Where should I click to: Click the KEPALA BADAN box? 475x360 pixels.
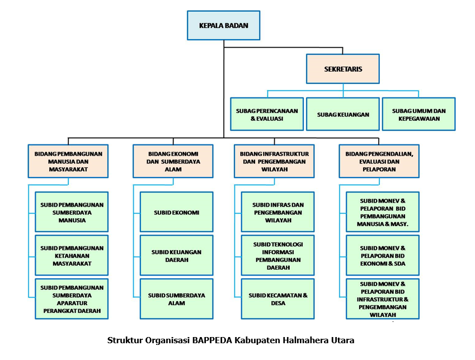[x=224, y=26]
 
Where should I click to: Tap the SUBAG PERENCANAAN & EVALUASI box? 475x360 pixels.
[x=267, y=115]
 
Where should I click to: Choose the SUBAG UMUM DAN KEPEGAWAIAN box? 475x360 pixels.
[x=418, y=115]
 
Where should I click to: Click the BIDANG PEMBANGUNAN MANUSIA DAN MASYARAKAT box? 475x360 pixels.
[x=69, y=161]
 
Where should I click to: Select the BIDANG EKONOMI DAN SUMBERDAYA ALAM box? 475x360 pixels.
[x=173, y=161]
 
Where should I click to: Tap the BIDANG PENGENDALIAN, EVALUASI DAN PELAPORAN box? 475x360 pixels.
[x=379, y=161]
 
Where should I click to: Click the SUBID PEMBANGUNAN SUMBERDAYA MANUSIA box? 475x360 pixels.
[x=72, y=212]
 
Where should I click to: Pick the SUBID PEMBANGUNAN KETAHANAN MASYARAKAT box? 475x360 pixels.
[x=72, y=255]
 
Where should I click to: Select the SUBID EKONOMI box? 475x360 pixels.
[x=176, y=212]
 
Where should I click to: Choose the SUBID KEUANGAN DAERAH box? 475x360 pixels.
[x=176, y=255]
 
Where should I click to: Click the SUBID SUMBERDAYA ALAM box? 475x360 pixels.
[x=176, y=299]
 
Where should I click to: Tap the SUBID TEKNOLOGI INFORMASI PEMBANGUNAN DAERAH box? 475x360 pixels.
[x=278, y=255]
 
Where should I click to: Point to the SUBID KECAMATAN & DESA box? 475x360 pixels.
[x=278, y=299]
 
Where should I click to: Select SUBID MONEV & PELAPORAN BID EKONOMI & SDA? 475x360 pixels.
[x=383, y=255]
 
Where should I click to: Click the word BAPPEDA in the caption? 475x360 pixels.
[x=211, y=340]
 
